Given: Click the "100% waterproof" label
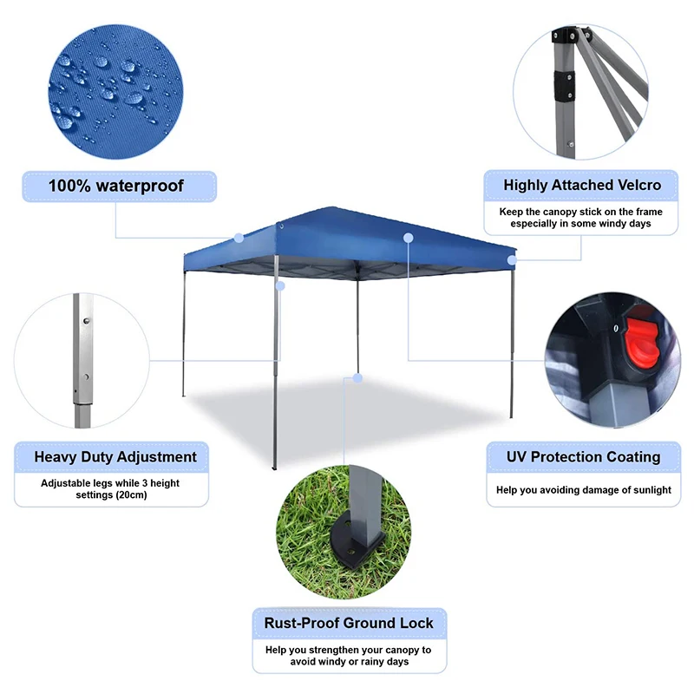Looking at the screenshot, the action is [116, 186].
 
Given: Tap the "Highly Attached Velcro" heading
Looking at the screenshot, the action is [582, 185].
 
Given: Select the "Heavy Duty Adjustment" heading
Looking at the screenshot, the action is [115, 456].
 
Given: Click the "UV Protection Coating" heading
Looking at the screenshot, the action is [583, 456].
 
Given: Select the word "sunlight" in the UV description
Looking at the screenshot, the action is [648, 490].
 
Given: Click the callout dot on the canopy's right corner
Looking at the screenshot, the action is [512, 259].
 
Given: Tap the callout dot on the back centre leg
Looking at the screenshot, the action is [357, 378].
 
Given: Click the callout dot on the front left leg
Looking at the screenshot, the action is [279, 285].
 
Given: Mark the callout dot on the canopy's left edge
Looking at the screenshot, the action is [239, 236].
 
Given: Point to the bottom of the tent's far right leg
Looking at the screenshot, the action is [511, 416].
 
